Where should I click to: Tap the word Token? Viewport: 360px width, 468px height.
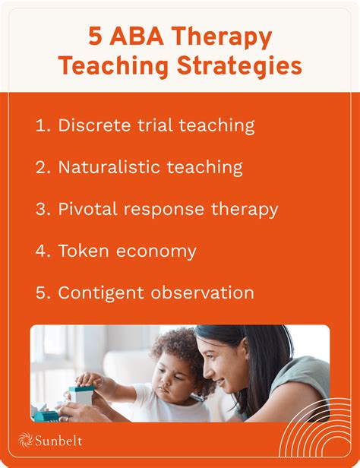[x=83, y=251]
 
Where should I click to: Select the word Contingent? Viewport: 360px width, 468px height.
[x=103, y=292]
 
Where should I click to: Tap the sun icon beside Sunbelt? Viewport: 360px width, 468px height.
[x=27, y=441]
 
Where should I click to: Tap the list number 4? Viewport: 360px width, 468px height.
[x=41, y=251]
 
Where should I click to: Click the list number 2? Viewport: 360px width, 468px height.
[x=41, y=167]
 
